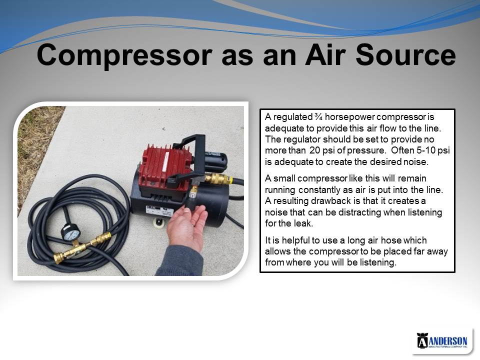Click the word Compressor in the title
(x=124, y=55)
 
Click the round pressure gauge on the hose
(x=70, y=233)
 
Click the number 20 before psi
(x=315, y=150)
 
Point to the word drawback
(x=330, y=201)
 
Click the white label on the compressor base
(x=160, y=210)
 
